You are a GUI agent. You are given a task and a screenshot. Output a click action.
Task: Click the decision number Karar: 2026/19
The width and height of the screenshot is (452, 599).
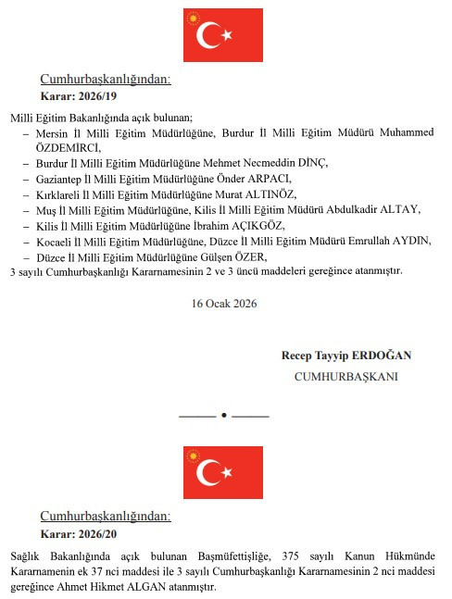pos(79,95)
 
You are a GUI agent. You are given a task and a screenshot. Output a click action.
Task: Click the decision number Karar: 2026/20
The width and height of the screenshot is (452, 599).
pos(79,535)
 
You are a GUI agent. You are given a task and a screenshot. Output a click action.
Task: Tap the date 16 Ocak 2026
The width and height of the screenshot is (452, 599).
pos(224,303)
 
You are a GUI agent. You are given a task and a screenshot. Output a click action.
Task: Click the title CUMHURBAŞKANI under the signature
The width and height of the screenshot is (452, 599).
pos(345,377)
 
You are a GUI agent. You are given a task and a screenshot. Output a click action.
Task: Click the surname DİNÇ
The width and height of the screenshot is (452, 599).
pos(316,163)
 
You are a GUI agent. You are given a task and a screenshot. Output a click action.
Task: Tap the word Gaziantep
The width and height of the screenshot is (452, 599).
pos(59,178)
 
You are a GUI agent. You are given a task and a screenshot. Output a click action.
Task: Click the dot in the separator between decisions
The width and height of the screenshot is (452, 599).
pos(223,416)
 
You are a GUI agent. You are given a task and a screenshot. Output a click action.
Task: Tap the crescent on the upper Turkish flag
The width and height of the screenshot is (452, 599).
pos(210,35)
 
